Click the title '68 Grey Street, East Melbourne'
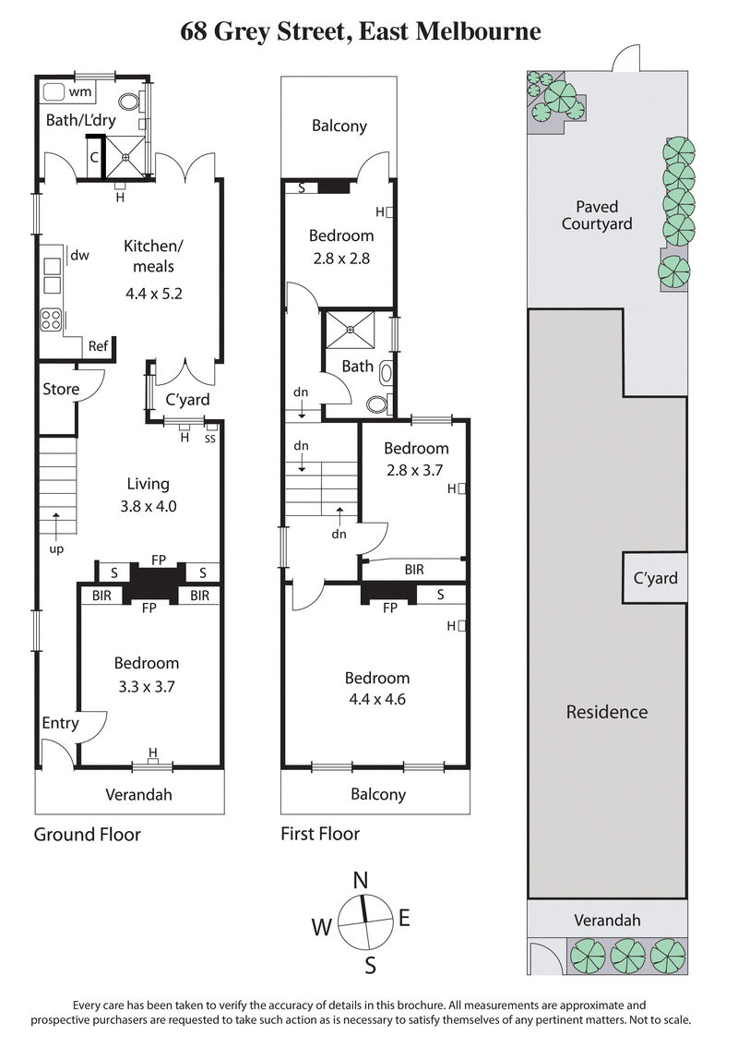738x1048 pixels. (361, 32)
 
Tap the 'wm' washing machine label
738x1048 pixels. (79, 92)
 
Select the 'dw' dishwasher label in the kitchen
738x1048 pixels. (79, 256)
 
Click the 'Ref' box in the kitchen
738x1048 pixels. (98, 346)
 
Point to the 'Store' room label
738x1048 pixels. (61, 389)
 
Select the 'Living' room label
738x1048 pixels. (149, 484)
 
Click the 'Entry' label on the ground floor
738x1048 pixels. (59, 723)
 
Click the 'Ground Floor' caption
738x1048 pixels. (88, 835)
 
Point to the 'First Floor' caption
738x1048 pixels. (320, 835)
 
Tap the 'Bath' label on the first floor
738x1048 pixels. (358, 367)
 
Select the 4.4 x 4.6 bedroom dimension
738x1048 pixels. (375, 699)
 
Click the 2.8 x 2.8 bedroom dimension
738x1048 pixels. (340, 259)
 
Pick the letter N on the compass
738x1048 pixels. (362, 880)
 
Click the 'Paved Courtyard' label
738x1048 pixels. (597, 215)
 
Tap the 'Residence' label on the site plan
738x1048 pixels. (606, 712)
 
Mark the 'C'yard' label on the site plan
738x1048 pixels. (654, 579)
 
